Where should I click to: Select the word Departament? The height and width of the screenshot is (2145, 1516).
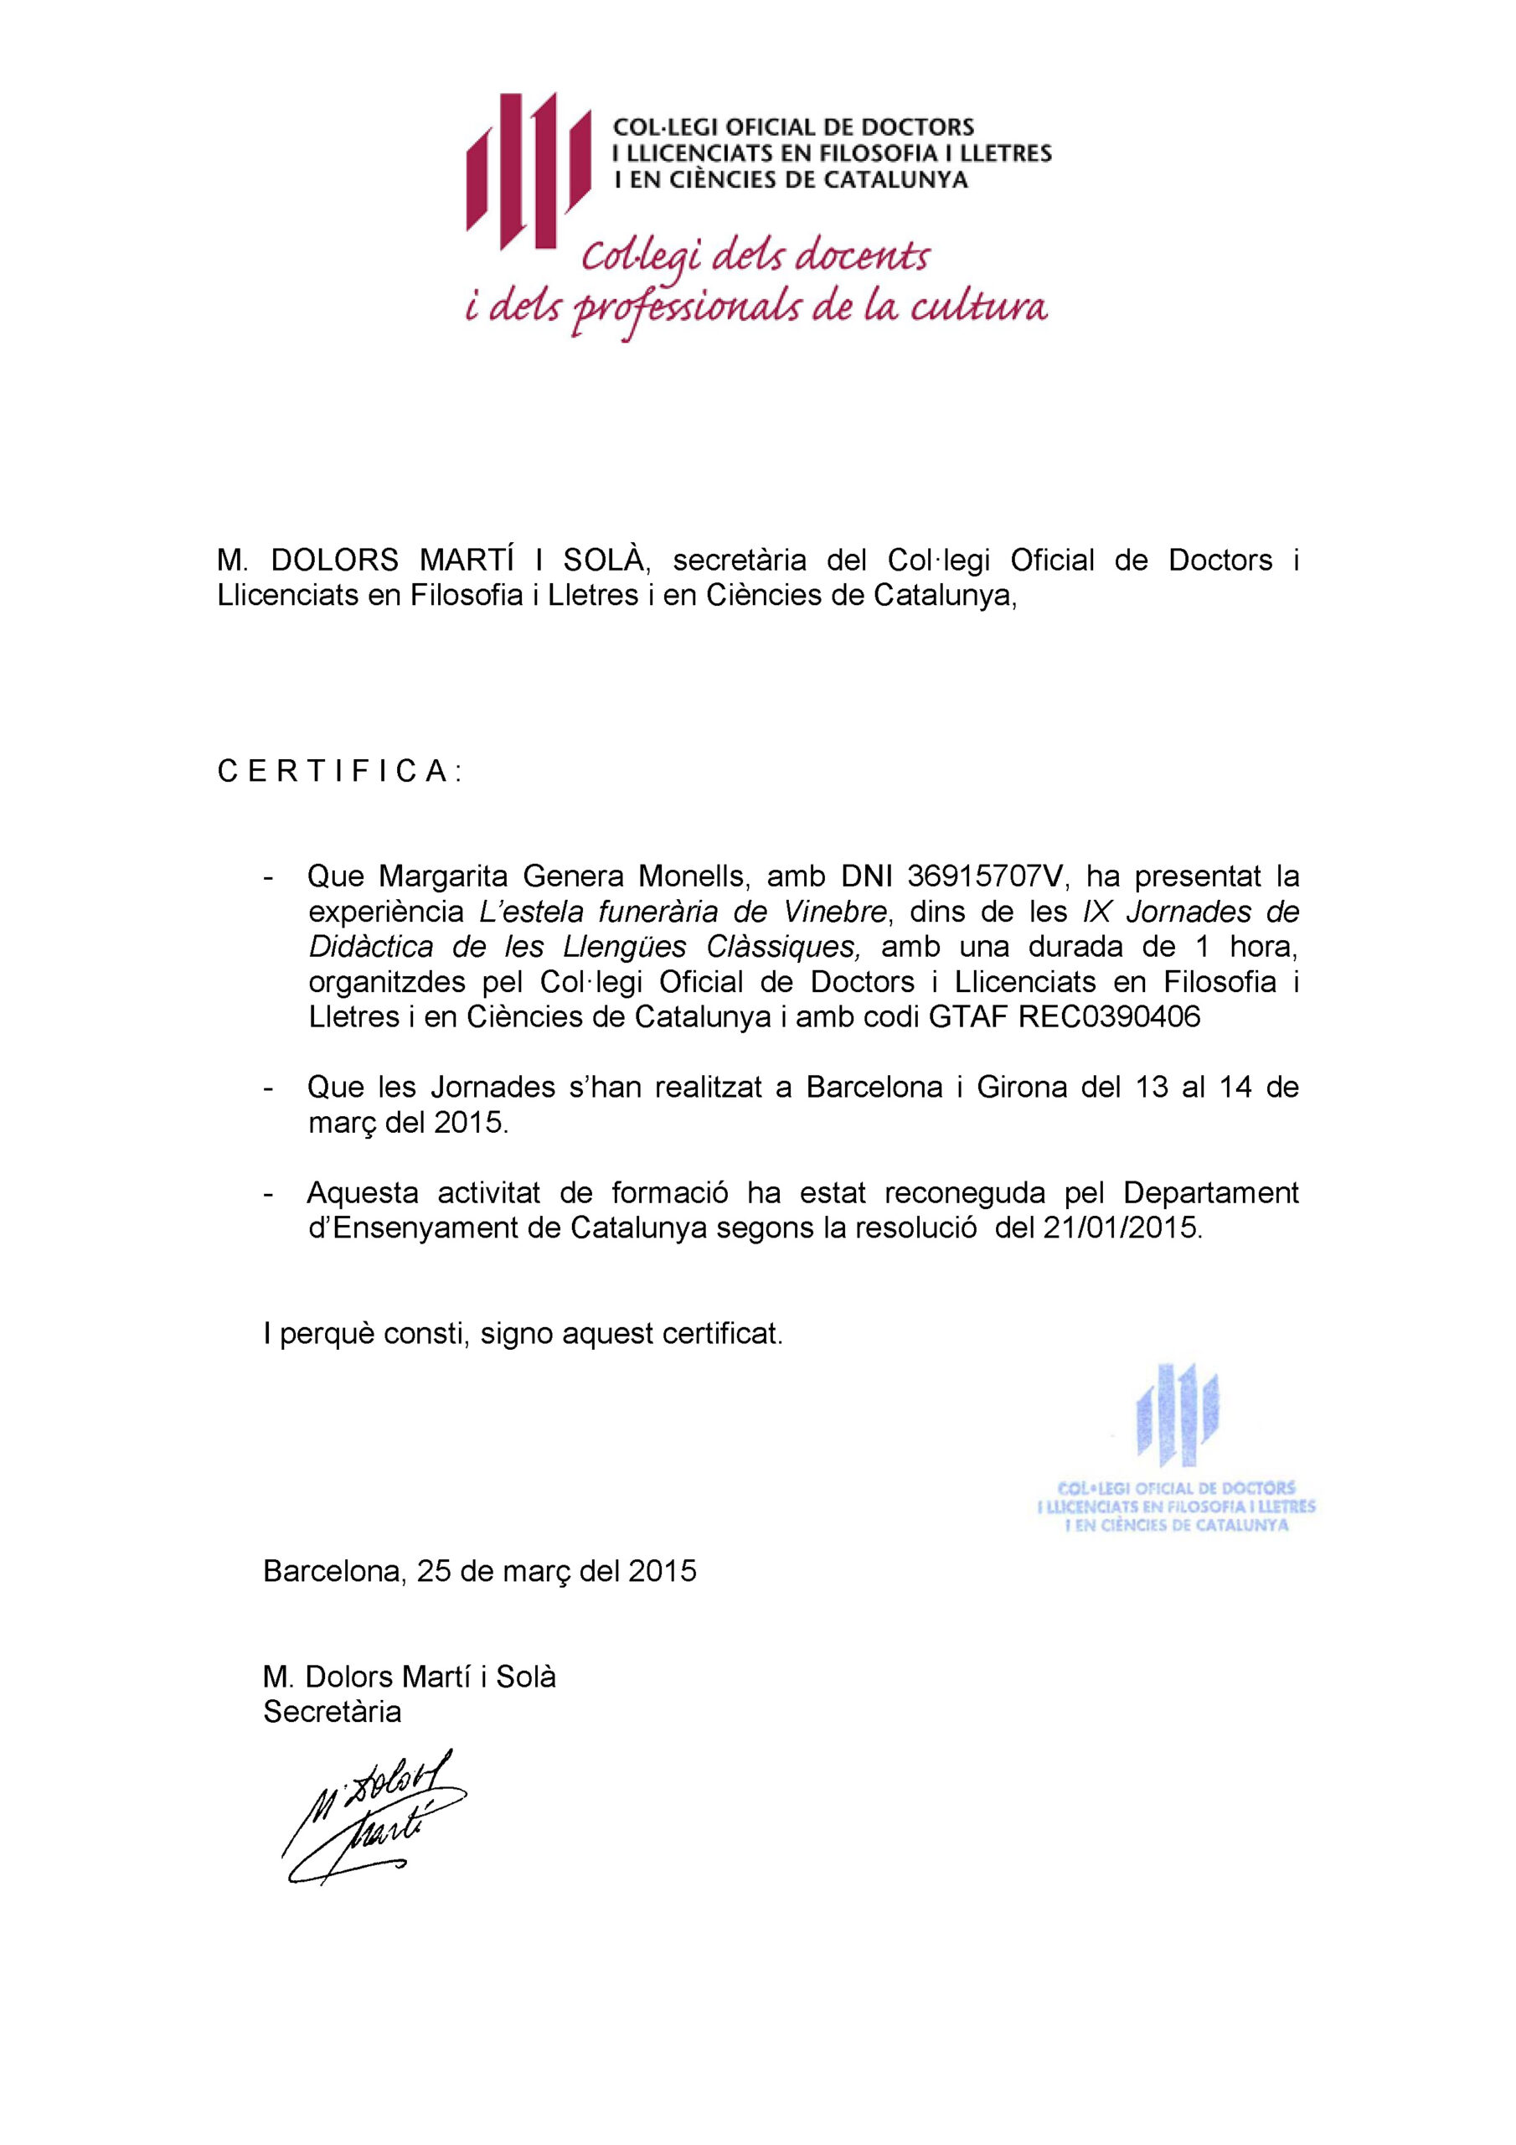(1210, 1192)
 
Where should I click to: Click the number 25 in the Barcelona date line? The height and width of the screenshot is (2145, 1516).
(432, 1570)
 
